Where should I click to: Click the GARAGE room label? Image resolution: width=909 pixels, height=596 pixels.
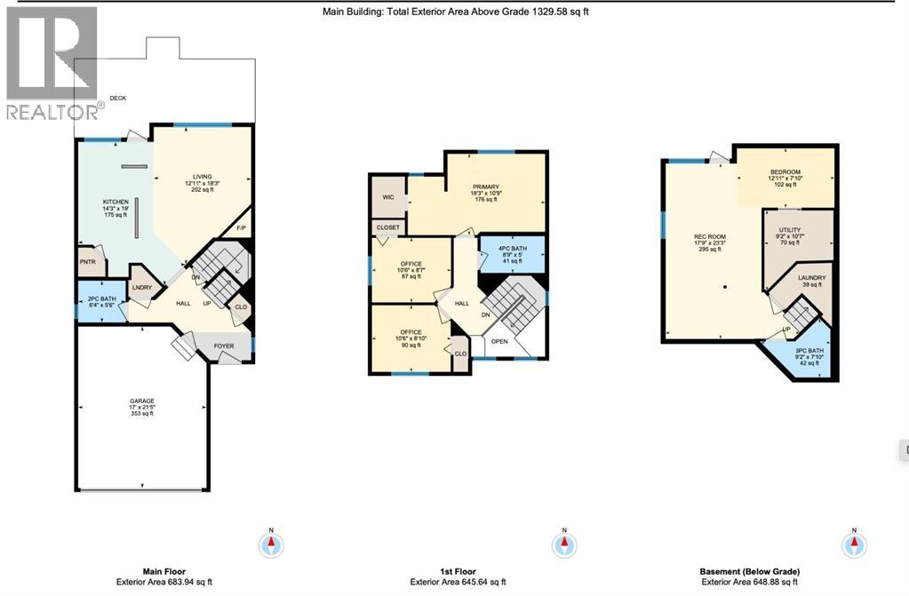142,401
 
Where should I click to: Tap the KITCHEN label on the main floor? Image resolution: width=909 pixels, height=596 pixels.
116,203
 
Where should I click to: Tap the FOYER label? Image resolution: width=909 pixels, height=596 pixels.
224,346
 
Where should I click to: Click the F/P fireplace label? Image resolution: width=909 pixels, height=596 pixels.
241,229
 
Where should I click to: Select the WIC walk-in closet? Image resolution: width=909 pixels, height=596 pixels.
387,197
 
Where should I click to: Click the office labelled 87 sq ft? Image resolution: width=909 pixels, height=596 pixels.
410,264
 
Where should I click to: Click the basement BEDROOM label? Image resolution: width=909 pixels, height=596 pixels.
785,172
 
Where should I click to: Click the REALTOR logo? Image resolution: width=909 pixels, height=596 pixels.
52,62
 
